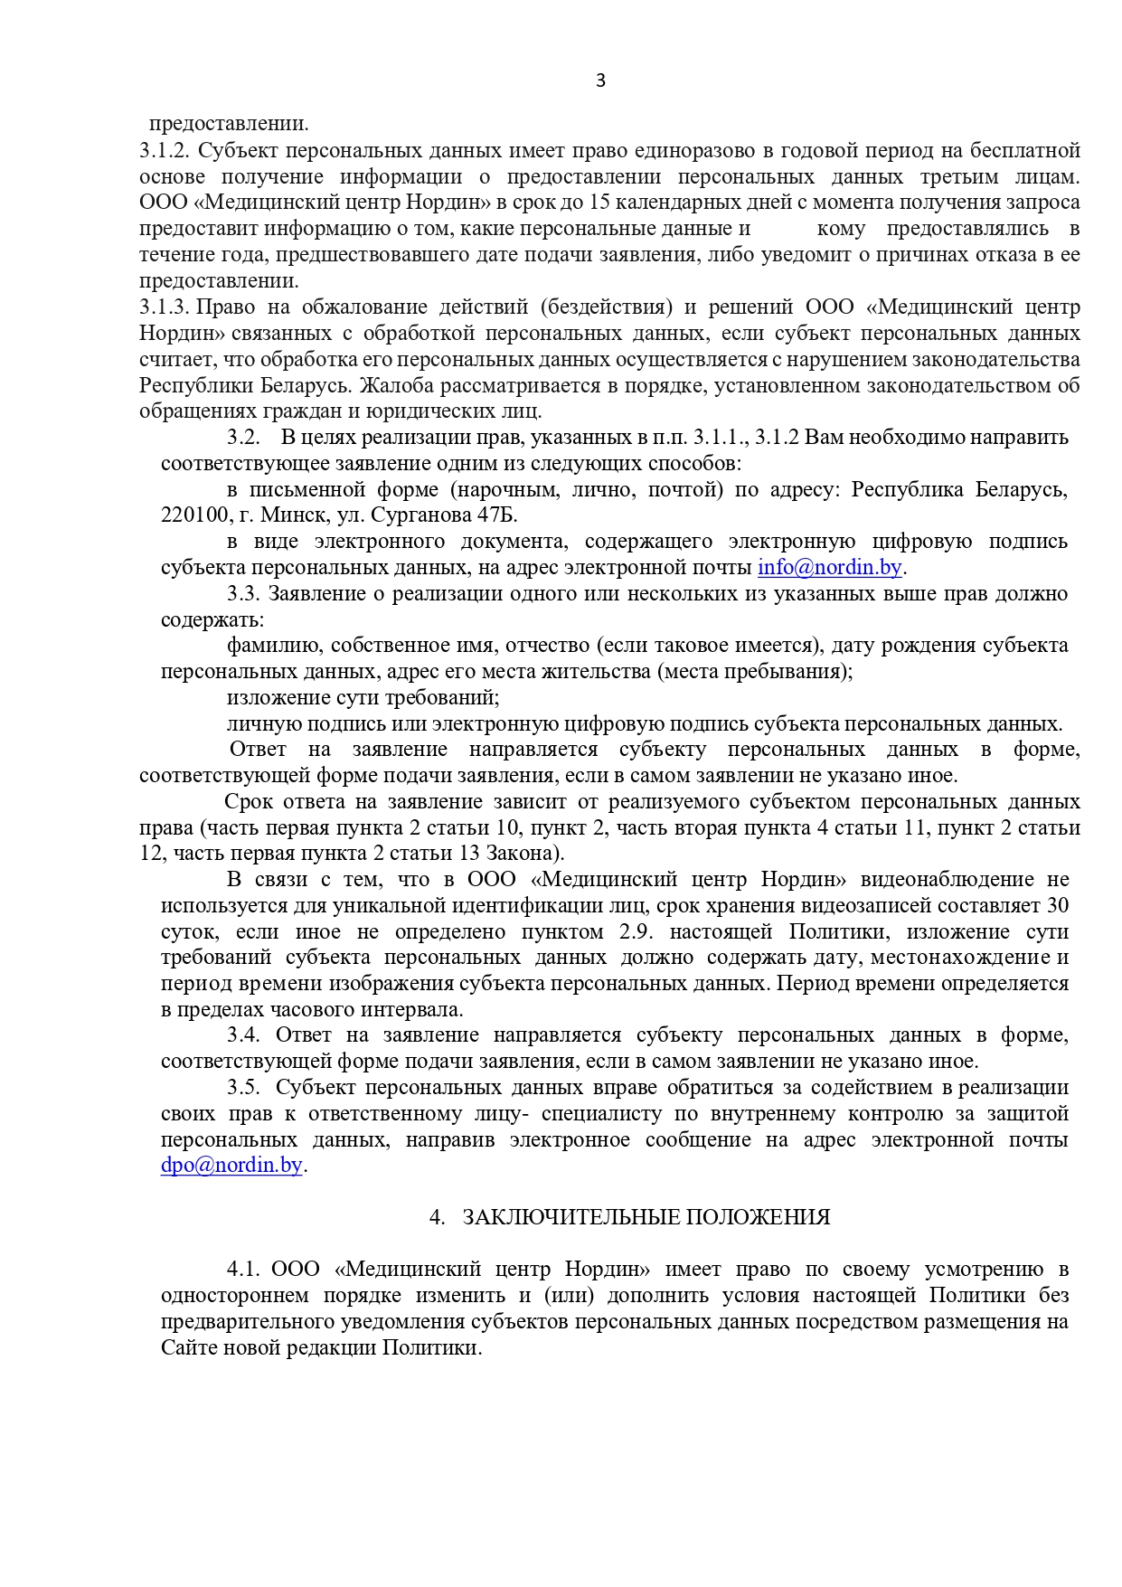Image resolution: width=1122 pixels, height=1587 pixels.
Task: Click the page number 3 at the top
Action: tap(600, 81)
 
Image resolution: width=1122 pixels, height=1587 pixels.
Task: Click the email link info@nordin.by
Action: tap(829, 568)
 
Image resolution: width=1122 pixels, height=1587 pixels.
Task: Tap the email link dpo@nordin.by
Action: tap(231, 1166)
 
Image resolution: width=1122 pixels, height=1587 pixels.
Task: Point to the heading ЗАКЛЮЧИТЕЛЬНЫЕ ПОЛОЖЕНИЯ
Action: tap(646, 1217)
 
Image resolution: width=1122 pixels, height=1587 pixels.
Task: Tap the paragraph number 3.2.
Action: tap(242, 438)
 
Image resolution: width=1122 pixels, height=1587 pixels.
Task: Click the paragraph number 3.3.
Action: tap(242, 594)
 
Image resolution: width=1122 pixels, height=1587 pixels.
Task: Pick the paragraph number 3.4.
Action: tap(242, 1035)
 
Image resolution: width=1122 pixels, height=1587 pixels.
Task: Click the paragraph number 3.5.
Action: tap(242, 1087)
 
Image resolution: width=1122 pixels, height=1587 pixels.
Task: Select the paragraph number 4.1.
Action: tap(242, 1270)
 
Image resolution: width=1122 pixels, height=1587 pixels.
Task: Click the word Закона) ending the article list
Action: tap(533, 854)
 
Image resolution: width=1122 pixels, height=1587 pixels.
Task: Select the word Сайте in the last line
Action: tap(191, 1347)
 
